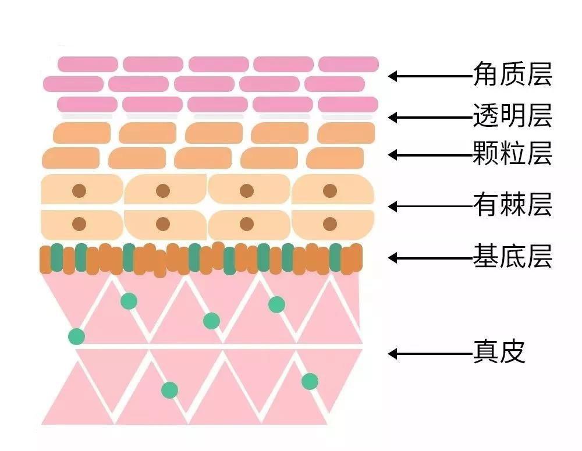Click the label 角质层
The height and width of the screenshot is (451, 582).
[513, 74]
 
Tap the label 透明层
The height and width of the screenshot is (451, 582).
[513, 115]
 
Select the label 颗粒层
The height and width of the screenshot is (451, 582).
[513, 152]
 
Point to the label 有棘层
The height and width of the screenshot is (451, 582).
[513, 204]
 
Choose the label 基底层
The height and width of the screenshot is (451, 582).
[513, 256]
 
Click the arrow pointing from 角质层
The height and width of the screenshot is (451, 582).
[431, 76]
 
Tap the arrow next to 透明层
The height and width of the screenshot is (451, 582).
[431, 118]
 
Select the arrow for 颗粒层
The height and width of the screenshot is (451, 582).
[431, 154]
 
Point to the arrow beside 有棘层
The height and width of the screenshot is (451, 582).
[431, 206]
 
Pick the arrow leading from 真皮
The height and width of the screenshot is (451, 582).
[431, 353]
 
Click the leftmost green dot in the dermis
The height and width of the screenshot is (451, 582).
[76, 336]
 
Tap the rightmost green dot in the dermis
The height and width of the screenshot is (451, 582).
[310, 381]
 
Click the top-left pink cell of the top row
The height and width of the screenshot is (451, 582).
[88, 64]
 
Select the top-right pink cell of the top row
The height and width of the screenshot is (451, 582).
[349, 64]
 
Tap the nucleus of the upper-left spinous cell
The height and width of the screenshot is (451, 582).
[79, 191]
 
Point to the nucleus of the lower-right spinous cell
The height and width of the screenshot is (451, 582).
[330, 224]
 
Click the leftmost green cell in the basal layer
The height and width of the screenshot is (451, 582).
[57, 257]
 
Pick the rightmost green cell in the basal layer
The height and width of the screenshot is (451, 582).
[336, 257]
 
